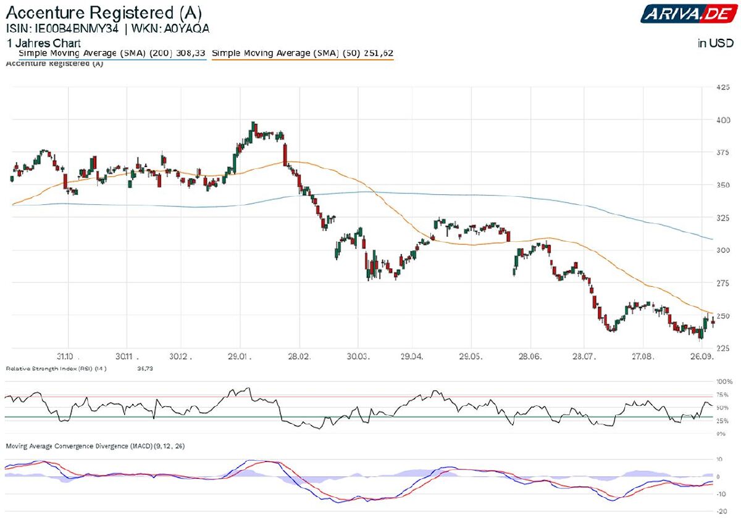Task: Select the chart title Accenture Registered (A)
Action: [104, 12]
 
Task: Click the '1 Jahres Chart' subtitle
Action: [43, 43]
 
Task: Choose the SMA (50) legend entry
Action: [303, 54]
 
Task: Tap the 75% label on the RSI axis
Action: [722, 395]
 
